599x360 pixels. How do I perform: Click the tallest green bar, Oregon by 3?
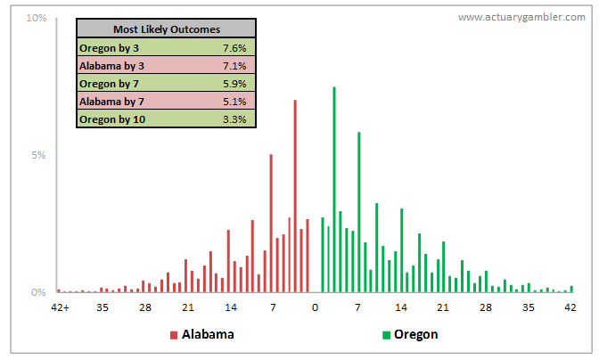(334, 189)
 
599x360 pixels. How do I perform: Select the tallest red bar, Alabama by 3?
(295, 196)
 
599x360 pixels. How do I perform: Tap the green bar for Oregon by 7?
(359, 212)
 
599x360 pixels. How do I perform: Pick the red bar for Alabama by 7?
(271, 223)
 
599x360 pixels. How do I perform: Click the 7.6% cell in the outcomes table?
(234, 48)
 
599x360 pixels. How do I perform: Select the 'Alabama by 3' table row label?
(112, 66)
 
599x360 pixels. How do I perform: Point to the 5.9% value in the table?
(234, 84)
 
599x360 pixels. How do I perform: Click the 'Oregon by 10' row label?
(112, 119)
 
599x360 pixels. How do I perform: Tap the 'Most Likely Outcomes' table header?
(167, 29)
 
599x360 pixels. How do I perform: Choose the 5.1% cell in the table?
(234, 102)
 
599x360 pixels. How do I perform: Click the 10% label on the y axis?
(37, 18)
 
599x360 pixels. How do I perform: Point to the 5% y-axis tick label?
(38, 155)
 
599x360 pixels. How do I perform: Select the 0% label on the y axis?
(38, 292)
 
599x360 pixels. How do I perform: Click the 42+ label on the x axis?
(61, 307)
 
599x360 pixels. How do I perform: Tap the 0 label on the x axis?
(316, 307)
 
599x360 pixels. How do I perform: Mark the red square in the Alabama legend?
(174, 335)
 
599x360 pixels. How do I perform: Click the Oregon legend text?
(416, 334)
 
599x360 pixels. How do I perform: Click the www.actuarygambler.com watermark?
(521, 17)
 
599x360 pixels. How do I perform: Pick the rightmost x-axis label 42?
(570, 307)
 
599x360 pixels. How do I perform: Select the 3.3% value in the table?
(234, 119)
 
